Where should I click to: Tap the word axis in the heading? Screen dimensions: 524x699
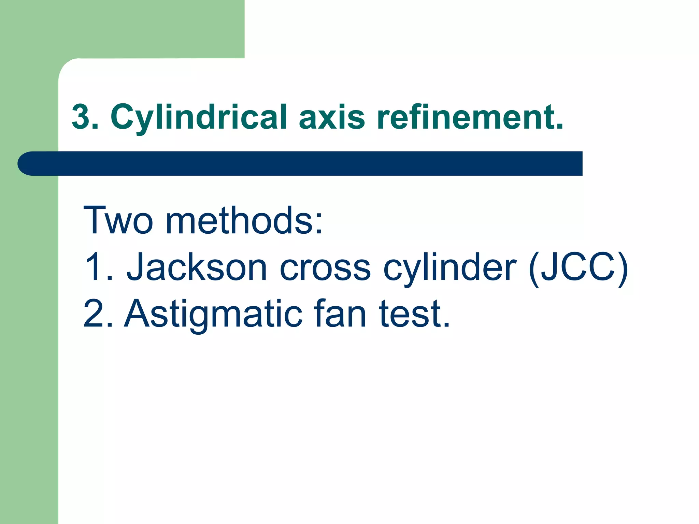point(332,117)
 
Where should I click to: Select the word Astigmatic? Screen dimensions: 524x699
point(213,314)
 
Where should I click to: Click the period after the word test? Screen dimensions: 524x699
point(446,324)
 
